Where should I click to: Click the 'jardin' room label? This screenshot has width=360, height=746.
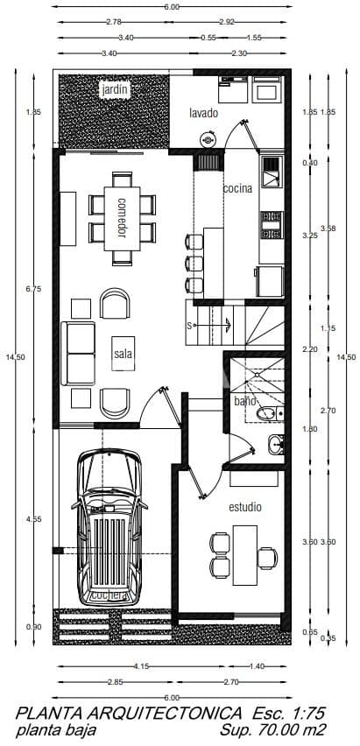point(114,89)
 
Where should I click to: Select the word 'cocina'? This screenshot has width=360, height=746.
point(236,188)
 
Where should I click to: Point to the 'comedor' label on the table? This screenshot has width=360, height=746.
point(122,216)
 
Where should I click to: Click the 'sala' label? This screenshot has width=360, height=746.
point(122,354)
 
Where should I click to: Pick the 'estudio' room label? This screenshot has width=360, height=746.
point(245,507)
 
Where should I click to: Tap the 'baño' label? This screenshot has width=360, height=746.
point(244,401)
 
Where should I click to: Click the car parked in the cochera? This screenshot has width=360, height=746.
point(110,525)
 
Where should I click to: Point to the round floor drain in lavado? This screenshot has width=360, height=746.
point(208,138)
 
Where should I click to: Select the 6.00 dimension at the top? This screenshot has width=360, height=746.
point(172,6)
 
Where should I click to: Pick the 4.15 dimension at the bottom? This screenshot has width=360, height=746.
point(141,666)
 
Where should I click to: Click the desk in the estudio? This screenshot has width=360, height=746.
point(244,552)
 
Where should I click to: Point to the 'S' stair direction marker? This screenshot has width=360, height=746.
point(188,326)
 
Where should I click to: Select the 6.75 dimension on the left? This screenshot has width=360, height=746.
point(34,289)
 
